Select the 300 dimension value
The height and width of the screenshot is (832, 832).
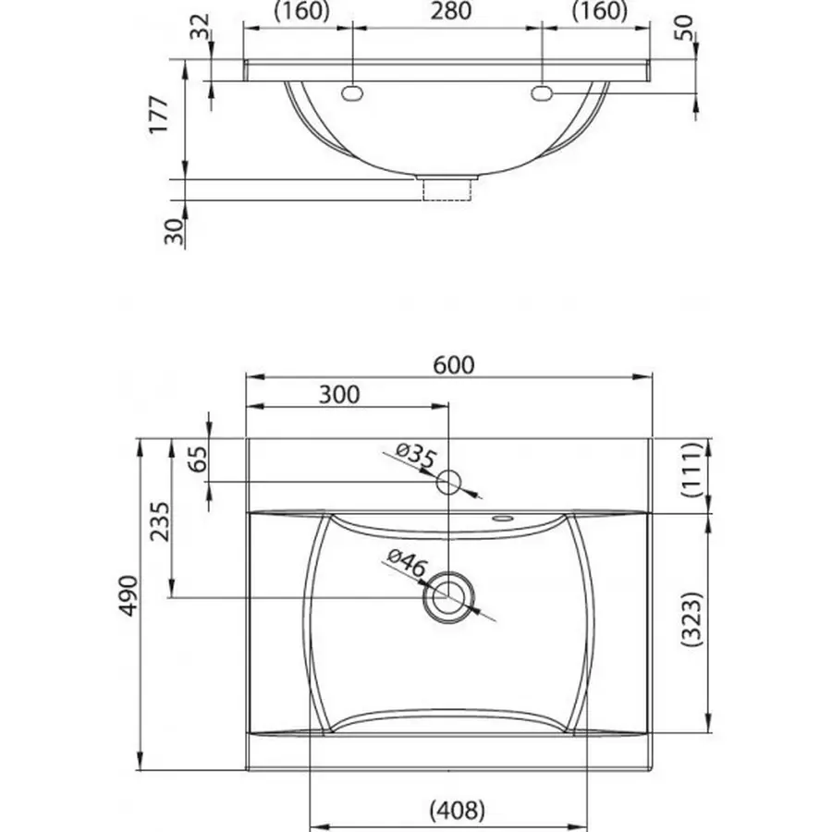tap(339, 395)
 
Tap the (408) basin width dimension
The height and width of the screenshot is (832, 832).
tap(457, 811)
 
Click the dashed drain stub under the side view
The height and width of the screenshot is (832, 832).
tap(447, 189)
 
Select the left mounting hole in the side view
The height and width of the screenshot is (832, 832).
tap(353, 92)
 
